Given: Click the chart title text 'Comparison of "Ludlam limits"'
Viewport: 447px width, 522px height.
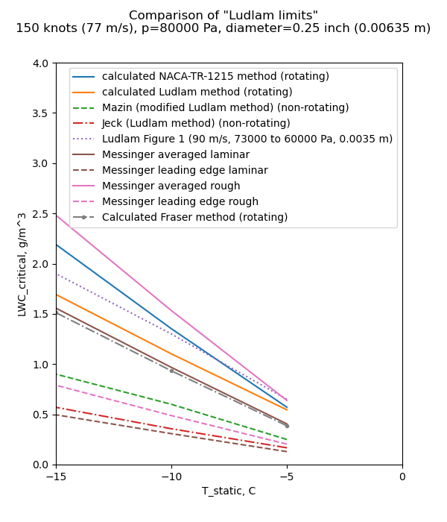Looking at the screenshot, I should point(223,16).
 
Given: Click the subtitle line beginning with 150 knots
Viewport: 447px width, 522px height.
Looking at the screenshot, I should point(223,28).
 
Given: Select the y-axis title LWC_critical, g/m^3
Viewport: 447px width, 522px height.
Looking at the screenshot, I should point(22,264).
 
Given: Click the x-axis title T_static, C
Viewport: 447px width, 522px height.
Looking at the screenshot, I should point(229,491).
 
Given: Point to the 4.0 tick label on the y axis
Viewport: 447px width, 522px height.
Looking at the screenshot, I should point(40,63).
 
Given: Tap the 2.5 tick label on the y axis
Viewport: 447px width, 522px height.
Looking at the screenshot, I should point(40,214).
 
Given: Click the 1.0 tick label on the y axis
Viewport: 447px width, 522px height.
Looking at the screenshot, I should point(40,365).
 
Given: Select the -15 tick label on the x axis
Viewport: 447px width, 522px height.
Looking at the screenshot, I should point(56,476).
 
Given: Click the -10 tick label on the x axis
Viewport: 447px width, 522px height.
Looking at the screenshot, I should point(171,476).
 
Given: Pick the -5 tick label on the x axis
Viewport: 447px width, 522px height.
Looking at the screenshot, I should point(287,476).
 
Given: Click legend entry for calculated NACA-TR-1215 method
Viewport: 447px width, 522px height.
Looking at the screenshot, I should point(215,76).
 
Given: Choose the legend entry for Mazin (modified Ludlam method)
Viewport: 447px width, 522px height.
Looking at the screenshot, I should point(225,107).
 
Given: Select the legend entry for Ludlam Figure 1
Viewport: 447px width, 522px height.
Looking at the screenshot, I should point(247,139).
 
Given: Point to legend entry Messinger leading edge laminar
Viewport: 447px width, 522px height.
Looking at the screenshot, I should point(185,170).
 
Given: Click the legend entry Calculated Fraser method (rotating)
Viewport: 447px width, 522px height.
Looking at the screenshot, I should point(194,217).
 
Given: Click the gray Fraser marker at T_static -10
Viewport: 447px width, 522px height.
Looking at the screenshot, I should point(171,371).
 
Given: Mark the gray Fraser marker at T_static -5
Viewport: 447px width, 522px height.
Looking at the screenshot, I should point(287,426).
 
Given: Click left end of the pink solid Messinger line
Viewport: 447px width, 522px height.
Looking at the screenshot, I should point(57,216).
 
